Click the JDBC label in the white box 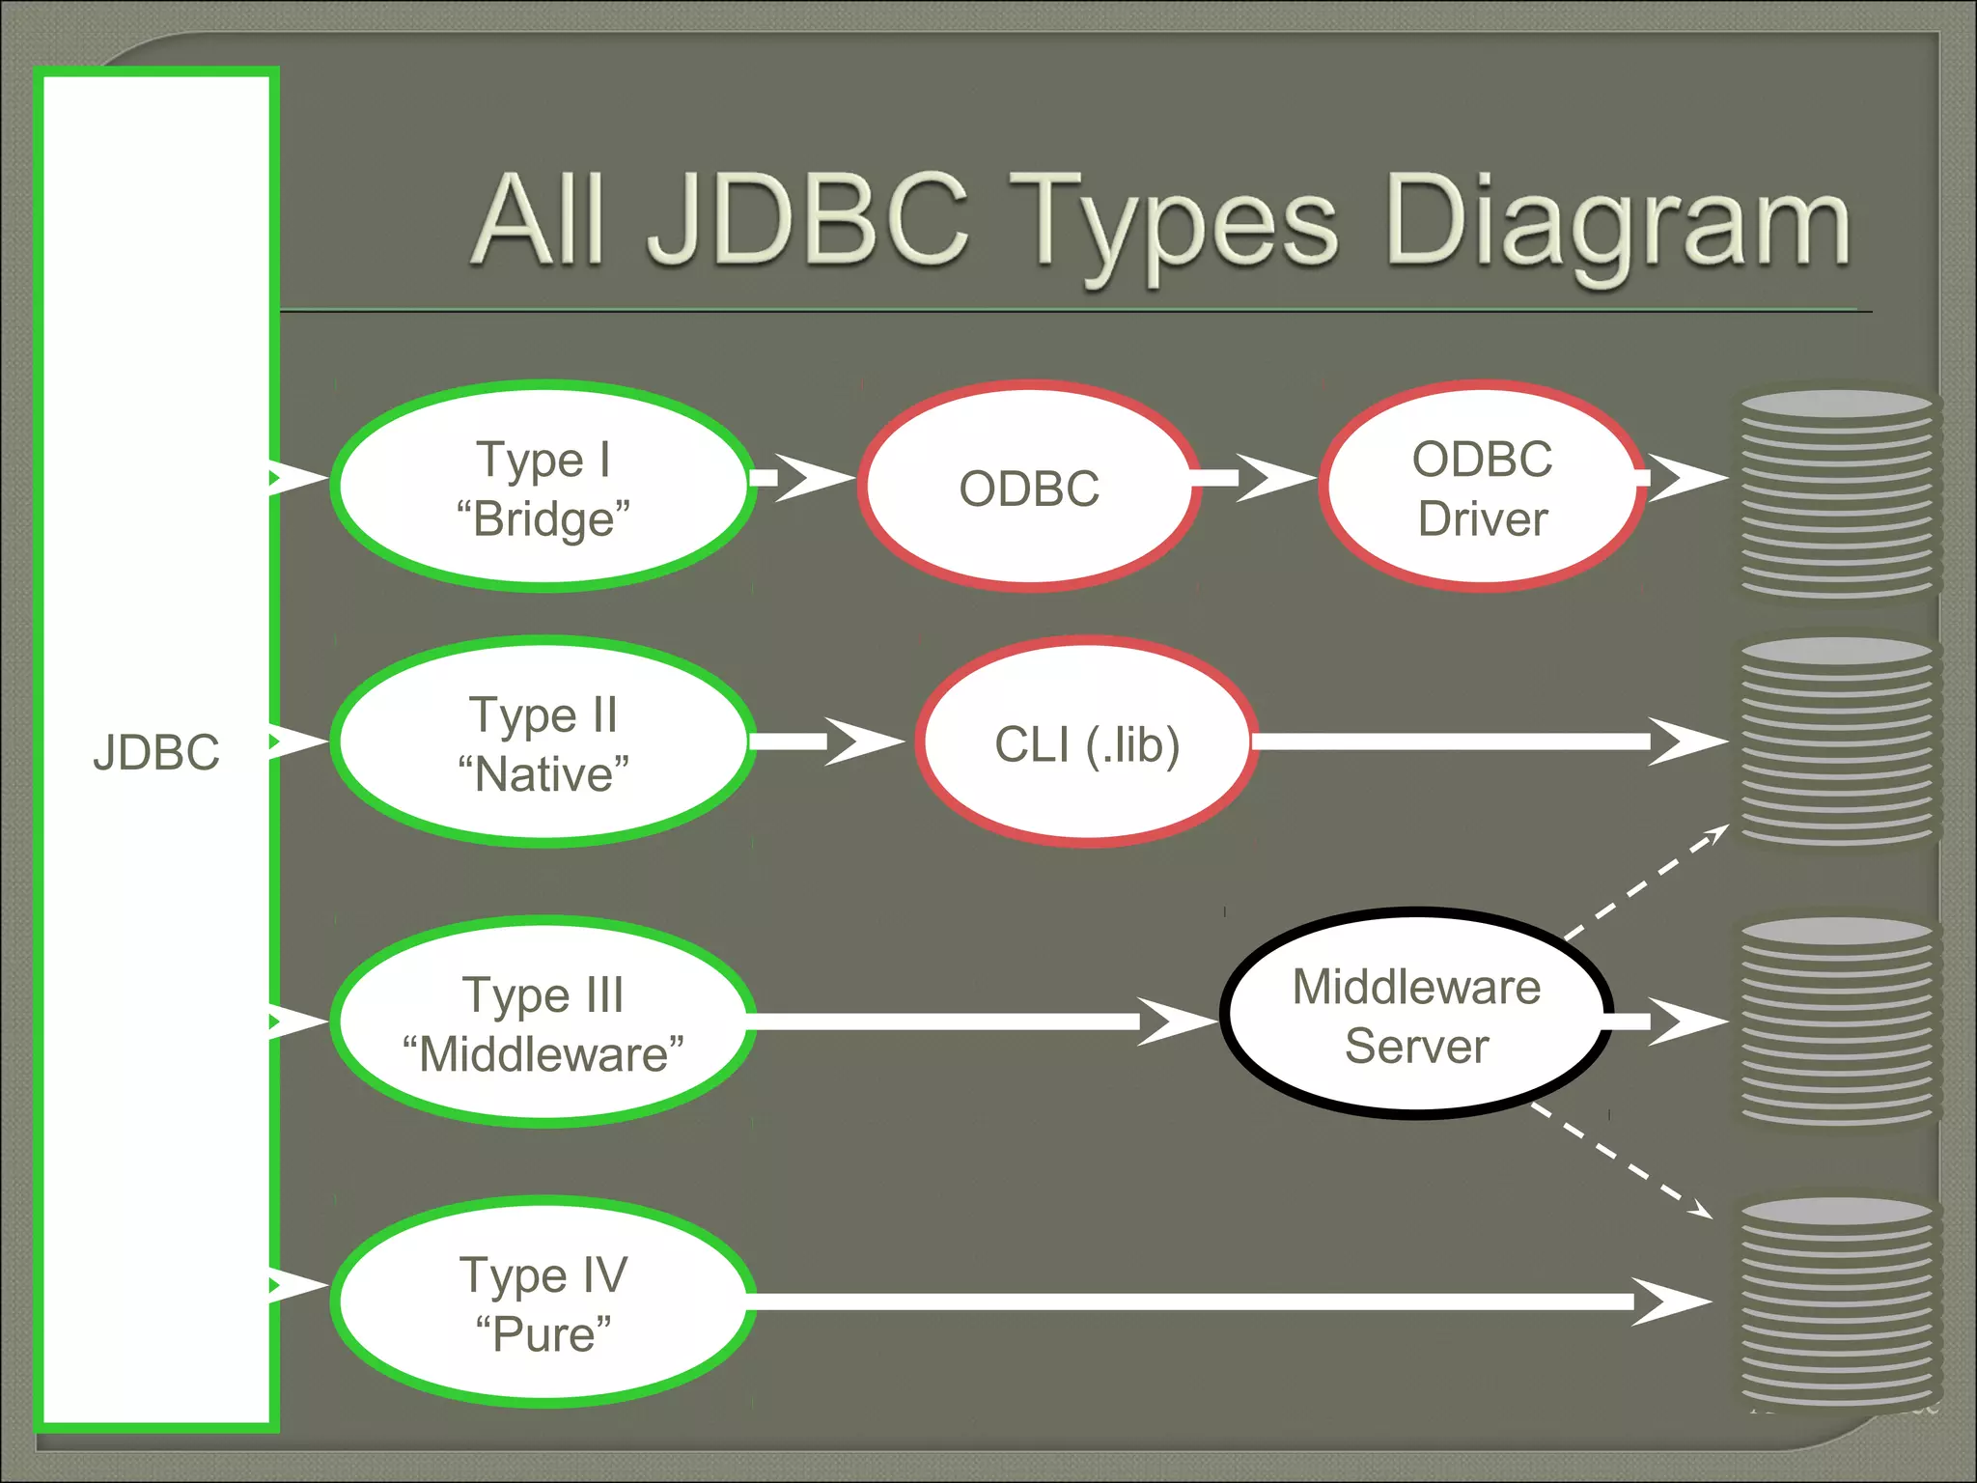click(156, 752)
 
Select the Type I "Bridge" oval click(543, 488)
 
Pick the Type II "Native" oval click(543, 743)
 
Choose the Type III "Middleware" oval click(543, 1023)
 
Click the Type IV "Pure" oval click(543, 1303)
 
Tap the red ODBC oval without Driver click(1029, 488)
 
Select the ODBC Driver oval click(1482, 488)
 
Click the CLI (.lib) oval click(1087, 743)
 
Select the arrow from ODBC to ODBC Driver click(1255, 477)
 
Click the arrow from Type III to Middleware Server click(965, 1021)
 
